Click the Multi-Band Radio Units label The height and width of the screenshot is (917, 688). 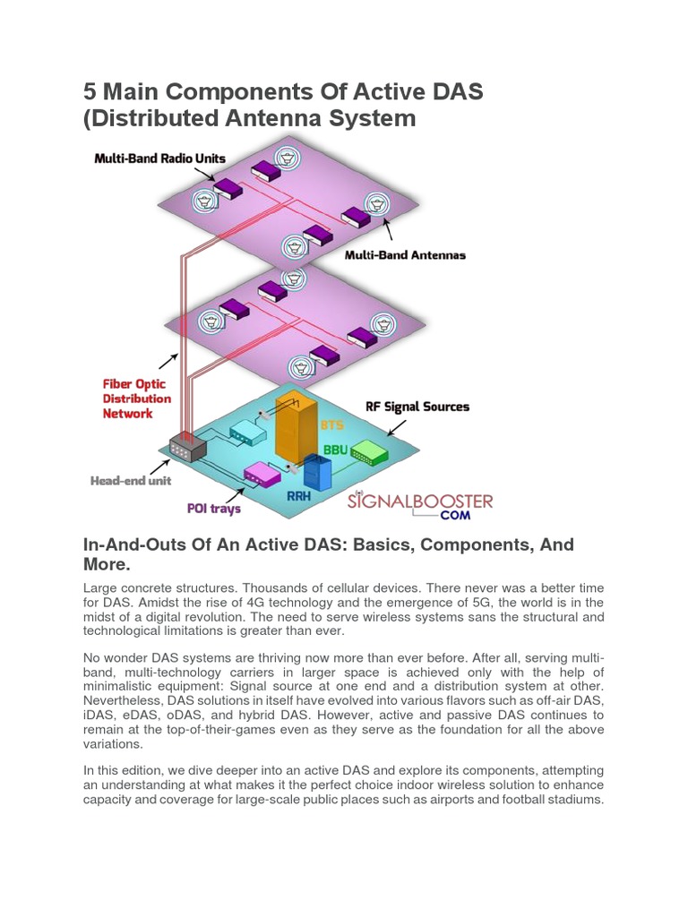click(x=160, y=159)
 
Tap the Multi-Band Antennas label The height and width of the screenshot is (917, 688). click(x=405, y=255)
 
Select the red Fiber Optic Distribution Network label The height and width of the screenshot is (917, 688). click(x=136, y=399)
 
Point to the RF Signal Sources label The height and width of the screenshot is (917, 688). click(x=417, y=407)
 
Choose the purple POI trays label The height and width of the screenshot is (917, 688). click(x=213, y=509)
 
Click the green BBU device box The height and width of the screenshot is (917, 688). click(x=368, y=452)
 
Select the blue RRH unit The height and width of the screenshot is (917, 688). click(x=317, y=473)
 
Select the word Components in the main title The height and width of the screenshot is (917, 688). click(x=258, y=92)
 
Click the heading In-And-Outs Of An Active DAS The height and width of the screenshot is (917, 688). click(x=328, y=554)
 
